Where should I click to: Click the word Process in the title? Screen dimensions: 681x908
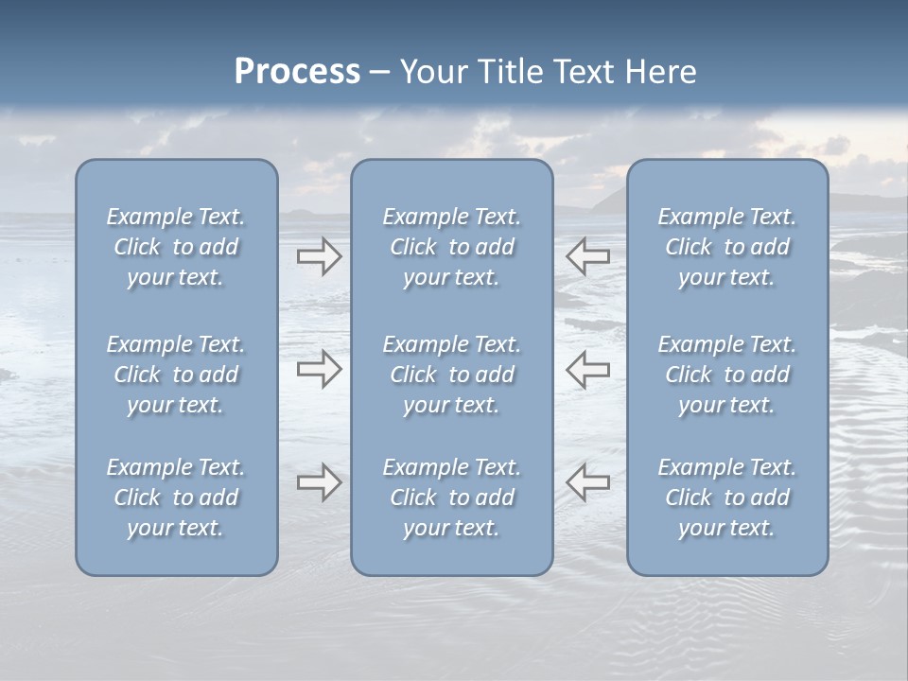coord(297,72)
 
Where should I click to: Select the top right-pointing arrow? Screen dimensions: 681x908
coord(319,256)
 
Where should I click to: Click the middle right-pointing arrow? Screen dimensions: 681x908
coord(319,369)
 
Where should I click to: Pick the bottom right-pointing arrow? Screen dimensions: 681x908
coord(319,482)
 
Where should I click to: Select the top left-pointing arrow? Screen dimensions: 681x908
coord(588,256)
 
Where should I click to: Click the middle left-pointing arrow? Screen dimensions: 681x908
coord(588,369)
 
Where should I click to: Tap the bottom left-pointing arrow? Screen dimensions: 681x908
coord(588,482)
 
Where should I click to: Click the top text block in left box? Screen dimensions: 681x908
coord(176,247)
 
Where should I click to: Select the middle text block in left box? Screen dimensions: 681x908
coord(176,375)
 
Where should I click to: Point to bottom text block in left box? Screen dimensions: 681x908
coord(176,498)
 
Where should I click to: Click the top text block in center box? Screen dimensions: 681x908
coord(452,247)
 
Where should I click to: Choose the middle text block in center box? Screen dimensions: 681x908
coord(452,375)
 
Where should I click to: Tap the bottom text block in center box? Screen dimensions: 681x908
coord(452,498)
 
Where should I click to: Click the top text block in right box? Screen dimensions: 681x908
coord(727,247)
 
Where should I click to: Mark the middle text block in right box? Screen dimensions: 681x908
coord(727,375)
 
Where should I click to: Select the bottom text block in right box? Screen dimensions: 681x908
coord(727,498)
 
